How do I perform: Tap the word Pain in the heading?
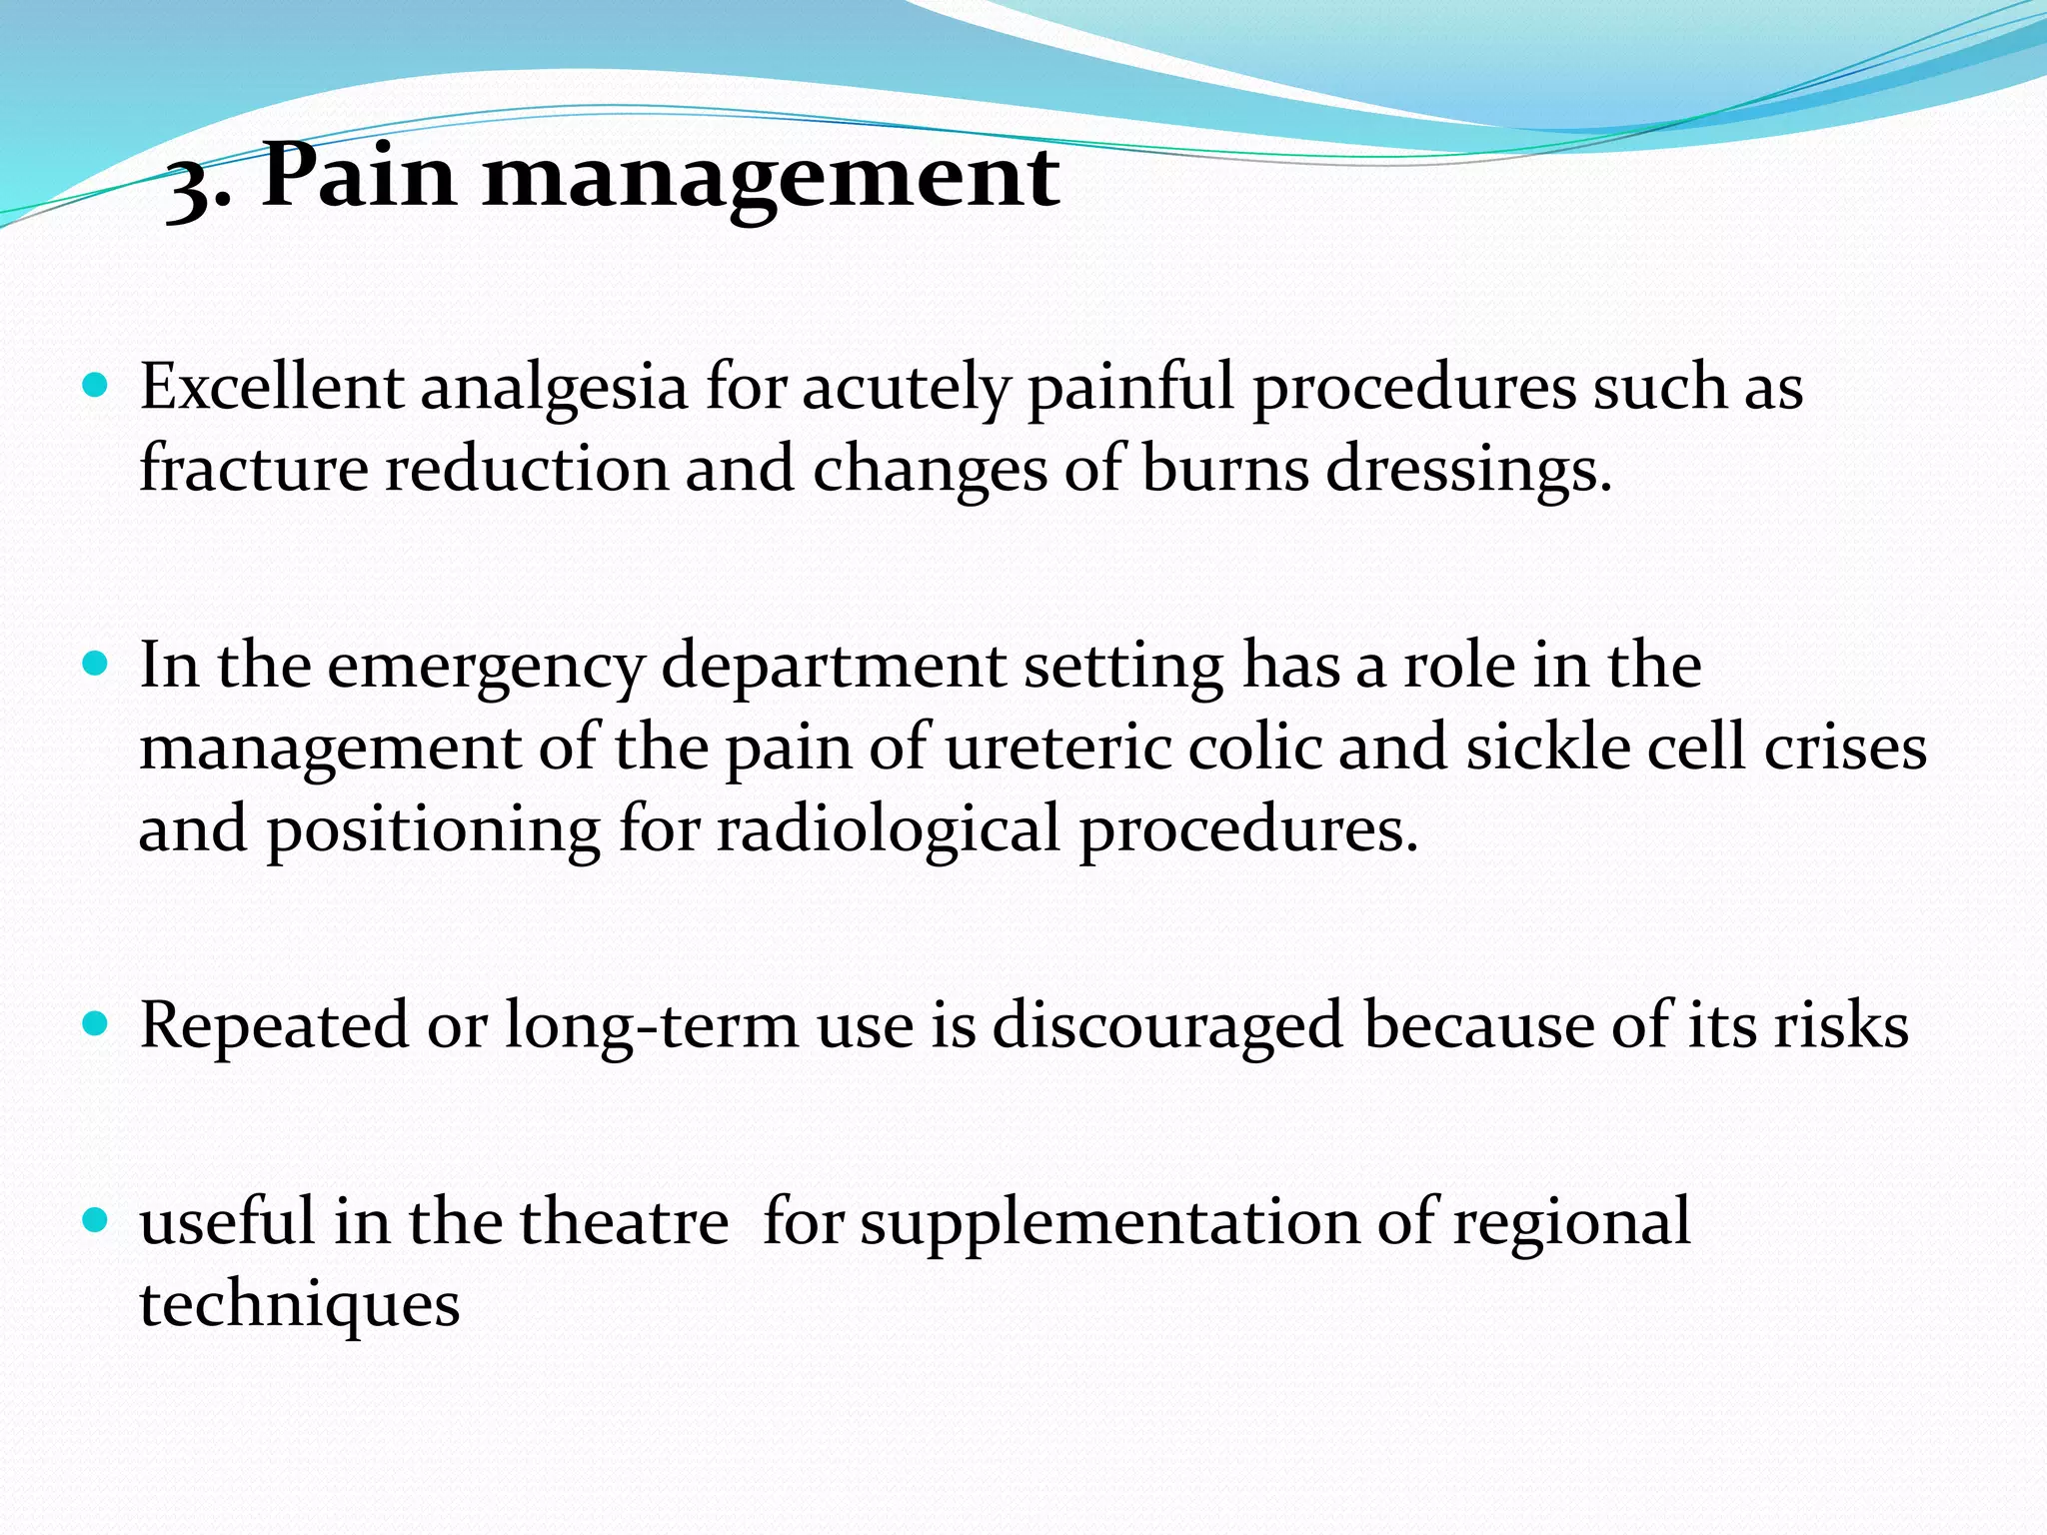click(x=359, y=176)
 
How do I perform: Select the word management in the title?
click(x=770, y=180)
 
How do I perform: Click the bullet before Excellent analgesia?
click(x=95, y=386)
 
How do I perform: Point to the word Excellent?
click(x=271, y=387)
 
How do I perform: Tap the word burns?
click(x=1224, y=469)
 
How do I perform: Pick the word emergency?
click(x=485, y=668)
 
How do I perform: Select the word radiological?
click(x=888, y=830)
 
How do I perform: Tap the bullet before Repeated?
click(x=95, y=1024)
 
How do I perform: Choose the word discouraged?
click(x=1167, y=1026)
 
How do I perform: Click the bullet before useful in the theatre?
click(x=95, y=1220)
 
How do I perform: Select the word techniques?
click(x=299, y=1305)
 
